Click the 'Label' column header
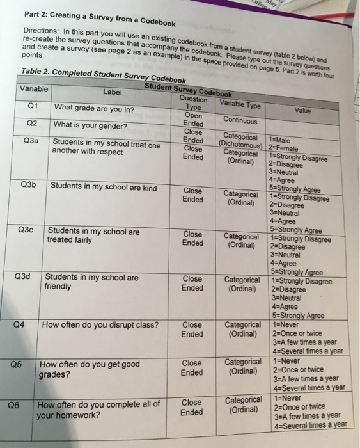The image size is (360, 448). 112,91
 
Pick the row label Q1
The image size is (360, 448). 32,106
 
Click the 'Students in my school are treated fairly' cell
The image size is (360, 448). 93,236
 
